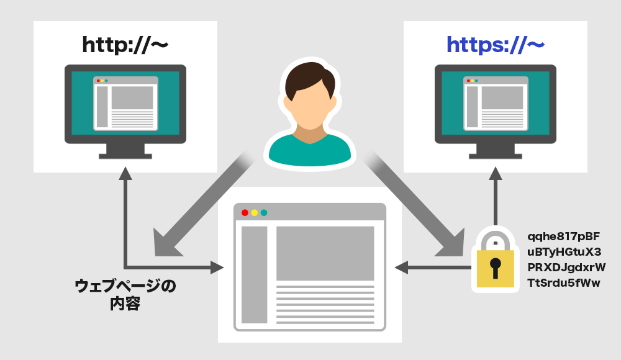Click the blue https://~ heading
[495, 45]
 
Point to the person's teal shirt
[309, 153]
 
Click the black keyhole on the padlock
[495, 266]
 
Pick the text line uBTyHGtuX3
[564, 252]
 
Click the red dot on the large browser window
[245, 212]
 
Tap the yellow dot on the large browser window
[254, 212]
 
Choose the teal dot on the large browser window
[263, 212]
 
